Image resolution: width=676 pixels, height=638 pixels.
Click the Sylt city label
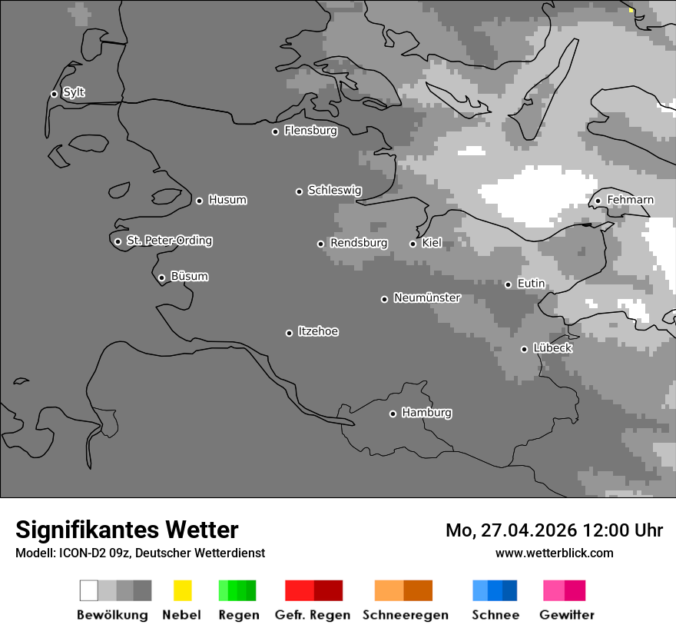(x=74, y=93)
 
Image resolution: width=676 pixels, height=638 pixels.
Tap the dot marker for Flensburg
(x=275, y=131)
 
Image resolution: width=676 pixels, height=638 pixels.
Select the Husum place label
(x=227, y=200)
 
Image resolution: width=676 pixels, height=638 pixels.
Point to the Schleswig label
(x=334, y=191)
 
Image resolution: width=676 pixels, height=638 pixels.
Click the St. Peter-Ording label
(x=169, y=241)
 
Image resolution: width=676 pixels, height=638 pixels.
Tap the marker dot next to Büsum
(x=161, y=277)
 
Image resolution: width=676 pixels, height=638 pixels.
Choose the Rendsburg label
(x=359, y=243)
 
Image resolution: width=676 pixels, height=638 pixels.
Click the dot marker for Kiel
(x=413, y=244)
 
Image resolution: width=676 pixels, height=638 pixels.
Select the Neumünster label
(x=427, y=297)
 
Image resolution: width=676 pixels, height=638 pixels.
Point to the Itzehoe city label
(x=318, y=331)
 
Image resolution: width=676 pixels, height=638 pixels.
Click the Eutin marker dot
(x=508, y=284)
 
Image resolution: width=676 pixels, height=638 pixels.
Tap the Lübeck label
(x=552, y=348)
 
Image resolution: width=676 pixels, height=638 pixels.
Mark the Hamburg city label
(x=426, y=413)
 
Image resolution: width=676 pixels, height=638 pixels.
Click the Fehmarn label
(x=630, y=200)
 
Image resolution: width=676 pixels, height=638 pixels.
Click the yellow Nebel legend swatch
(x=182, y=590)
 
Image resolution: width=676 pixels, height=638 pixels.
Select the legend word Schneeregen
(x=406, y=615)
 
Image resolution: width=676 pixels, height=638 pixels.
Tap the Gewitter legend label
(x=567, y=615)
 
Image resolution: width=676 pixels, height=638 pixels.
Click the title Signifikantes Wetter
(x=127, y=530)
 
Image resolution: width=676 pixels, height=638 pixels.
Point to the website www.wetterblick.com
(x=554, y=553)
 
